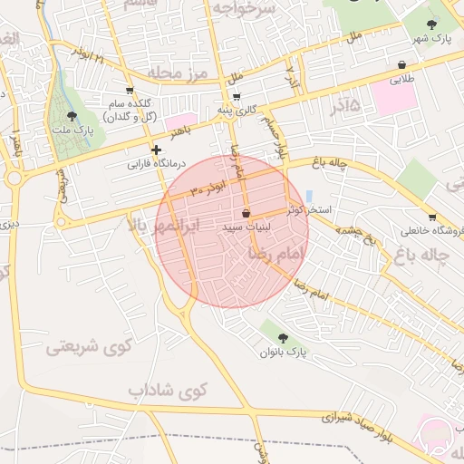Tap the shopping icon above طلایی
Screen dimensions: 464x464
(401, 65)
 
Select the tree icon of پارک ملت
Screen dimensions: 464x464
(72, 115)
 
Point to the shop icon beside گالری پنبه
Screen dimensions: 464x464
(237, 96)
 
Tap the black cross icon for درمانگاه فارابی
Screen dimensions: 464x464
(156, 150)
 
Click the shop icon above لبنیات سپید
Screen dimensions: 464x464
(246, 213)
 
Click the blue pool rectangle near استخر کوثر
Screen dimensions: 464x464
(310, 196)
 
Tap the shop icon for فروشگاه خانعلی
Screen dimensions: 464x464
(432, 217)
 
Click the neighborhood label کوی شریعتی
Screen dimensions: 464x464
(89, 345)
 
